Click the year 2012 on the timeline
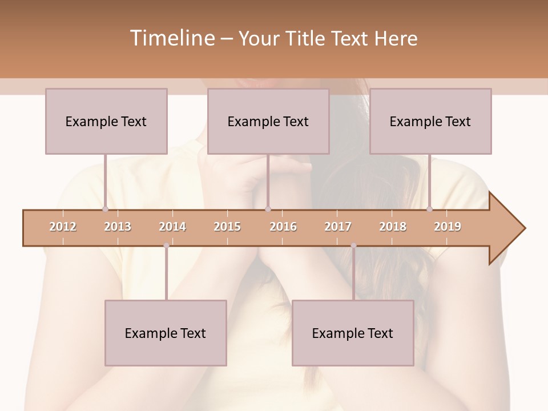click(x=63, y=227)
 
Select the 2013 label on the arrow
click(x=118, y=227)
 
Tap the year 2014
click(x=172, y=227)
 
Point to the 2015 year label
click(x=227, y=227)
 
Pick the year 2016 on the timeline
click(x=283, y=227)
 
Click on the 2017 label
click(x=338, y=227)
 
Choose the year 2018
click(x=393, y=227)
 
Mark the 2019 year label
click(x=448, y=227)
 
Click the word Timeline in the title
click(x=171, y=38)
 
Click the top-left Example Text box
click(x=106, y=121)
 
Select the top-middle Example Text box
click(x=268, y=121)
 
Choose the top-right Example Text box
click(x=430, y=121)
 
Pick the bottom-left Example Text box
click(x=166, y=333)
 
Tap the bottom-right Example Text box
click(x=353, y=333)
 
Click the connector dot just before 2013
click(x=105, y=209)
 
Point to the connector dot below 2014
click(x=166, y=245)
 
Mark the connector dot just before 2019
click(x=430, y=209)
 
